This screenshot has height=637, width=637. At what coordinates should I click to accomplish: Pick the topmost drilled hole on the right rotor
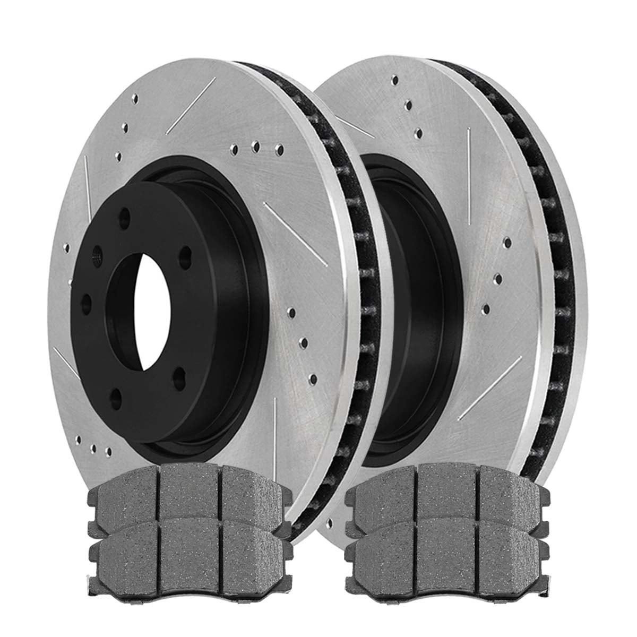tap(395, 80)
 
